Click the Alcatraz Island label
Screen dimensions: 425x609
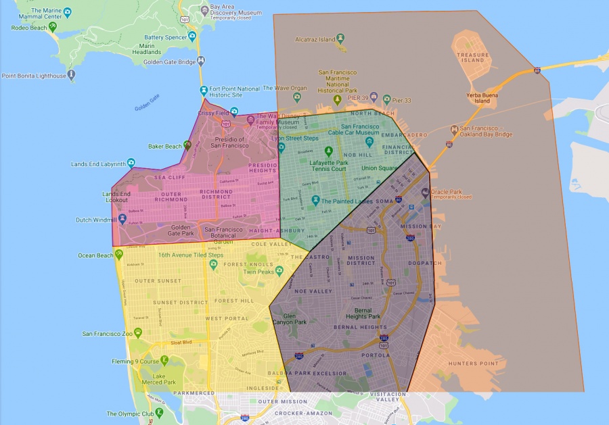pyautogui.click(x=315, y=40)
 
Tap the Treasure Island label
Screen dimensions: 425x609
pyautogui.click(x=471, y=57)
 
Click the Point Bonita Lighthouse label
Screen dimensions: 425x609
pyautogui.click(x=34, y=76)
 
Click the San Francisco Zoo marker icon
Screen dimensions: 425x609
pyautogui.click(x=138, y=332)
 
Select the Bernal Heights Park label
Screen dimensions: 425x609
pyautogui.click(x=363, y=312)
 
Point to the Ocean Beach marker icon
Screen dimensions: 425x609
pyautogui.click(x=119, y=254)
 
